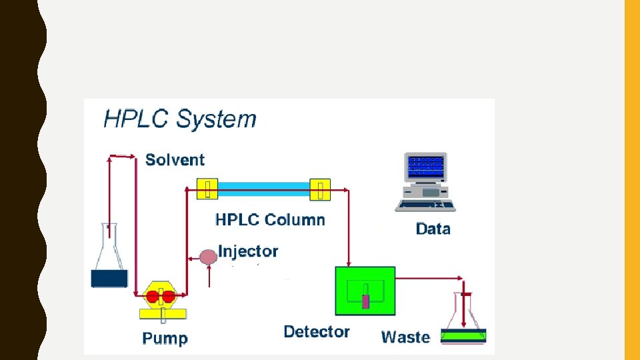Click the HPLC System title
point(179,119)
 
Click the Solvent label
point(175,160)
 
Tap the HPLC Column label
point(270,220)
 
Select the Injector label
point(248,251)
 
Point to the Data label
point(433,229)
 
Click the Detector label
point(317,332)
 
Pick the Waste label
point(405,337)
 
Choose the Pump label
point(165,339)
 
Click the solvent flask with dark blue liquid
point(109,263)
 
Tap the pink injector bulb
point(209,256)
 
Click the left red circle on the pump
point(154,297)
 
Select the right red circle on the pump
point(169,297)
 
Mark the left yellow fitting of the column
point(207,189)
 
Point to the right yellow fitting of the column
point(321,190)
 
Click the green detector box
point(365,291)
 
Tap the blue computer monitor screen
point(426,167)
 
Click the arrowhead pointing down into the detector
point(347,261)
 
